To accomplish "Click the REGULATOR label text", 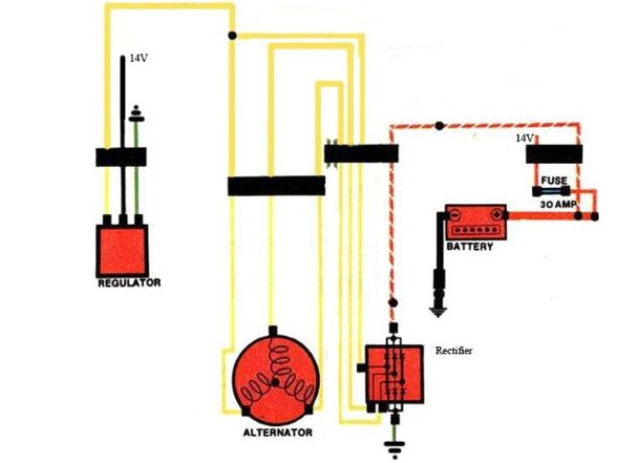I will tap(129, 284).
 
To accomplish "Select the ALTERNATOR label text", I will tap(277, 433).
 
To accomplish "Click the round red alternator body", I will tap(276, 378).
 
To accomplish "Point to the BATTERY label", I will tap(469, 247).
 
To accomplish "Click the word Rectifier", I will tap(454, 348).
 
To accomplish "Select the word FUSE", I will tap(554, 180).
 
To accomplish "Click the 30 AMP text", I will tap(557, 205).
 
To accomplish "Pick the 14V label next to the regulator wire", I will tap(139, 59).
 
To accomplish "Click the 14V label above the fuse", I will tap(524, 139).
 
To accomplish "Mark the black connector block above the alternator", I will tap(276, 185).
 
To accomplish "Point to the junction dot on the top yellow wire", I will tap(230, 36).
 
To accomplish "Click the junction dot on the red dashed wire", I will tap(440, 125).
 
